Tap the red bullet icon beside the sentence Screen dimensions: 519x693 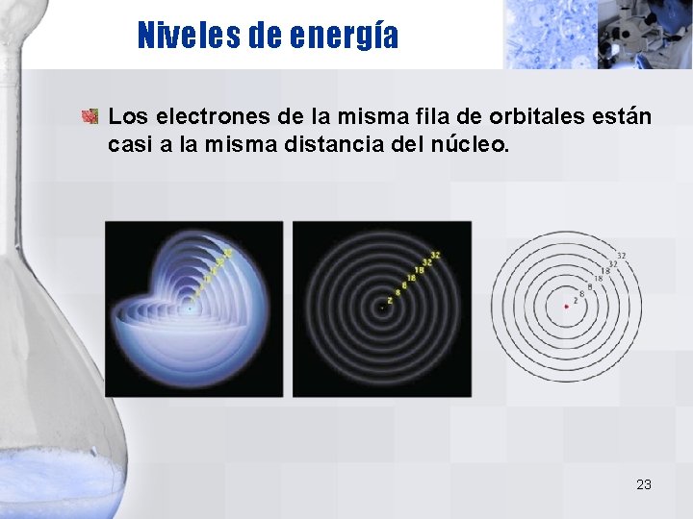pos(90,117)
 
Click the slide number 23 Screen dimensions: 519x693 pos(643,484)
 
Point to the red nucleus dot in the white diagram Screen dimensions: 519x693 pos(566,307)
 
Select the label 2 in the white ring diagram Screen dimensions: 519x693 pos(576,300)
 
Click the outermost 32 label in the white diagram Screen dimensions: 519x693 pos(622,256)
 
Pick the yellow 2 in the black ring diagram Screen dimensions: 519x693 pos(390,300)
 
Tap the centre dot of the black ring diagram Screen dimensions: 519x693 pos(382,309)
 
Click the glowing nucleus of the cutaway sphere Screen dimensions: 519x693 pos(191,309)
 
